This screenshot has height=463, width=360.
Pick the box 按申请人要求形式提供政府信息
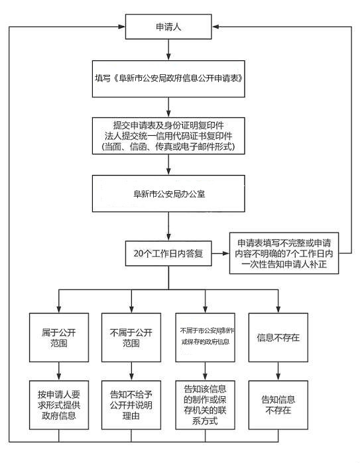coord(59,404)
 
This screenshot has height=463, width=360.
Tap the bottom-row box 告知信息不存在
coord(278,404)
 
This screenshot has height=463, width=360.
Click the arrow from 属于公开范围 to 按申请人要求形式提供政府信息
coord(59,371)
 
